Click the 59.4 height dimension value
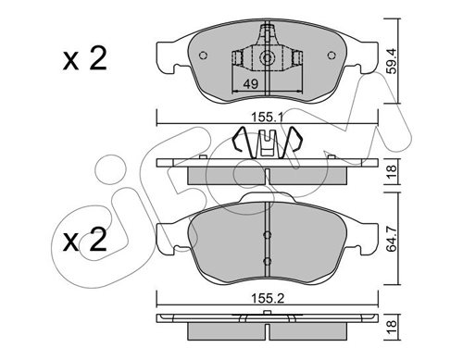point(392,61)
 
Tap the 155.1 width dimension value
point(268,118)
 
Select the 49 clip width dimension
point(250,83)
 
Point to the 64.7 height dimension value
point(392,238)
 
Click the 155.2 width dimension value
point(268,298)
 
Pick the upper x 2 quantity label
point(85,58)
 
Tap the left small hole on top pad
point(203,56)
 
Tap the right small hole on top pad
point(332,56)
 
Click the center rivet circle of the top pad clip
point(267,57)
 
